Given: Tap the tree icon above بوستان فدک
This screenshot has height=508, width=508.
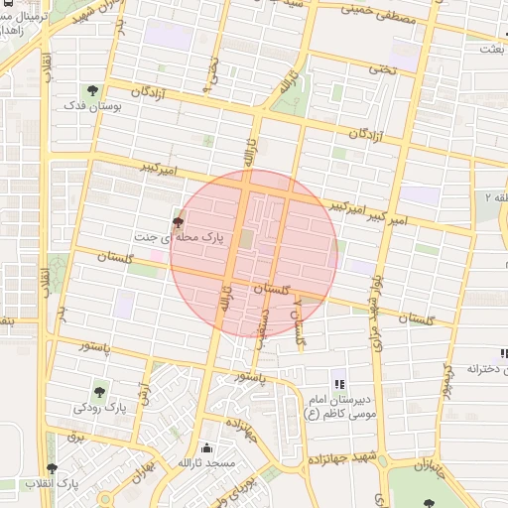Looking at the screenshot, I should click(x=92, y=91).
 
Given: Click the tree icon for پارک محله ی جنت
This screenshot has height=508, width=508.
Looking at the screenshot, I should click(x=178, y=222).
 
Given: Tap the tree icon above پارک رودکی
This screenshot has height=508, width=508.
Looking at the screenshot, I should click(x=99, y=391).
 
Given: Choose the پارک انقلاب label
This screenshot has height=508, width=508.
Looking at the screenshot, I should click(x=80, y=483).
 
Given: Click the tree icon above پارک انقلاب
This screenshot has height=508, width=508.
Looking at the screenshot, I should click(x=52, y=468).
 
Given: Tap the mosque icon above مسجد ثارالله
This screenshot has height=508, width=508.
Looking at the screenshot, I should click(x=205, y=447).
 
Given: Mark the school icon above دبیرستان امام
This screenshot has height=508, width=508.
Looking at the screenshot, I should click(x=338, y=384).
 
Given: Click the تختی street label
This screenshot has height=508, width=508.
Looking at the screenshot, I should click(x=381, y=68).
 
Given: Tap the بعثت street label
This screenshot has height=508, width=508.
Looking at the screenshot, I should click(x=492, y=48).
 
